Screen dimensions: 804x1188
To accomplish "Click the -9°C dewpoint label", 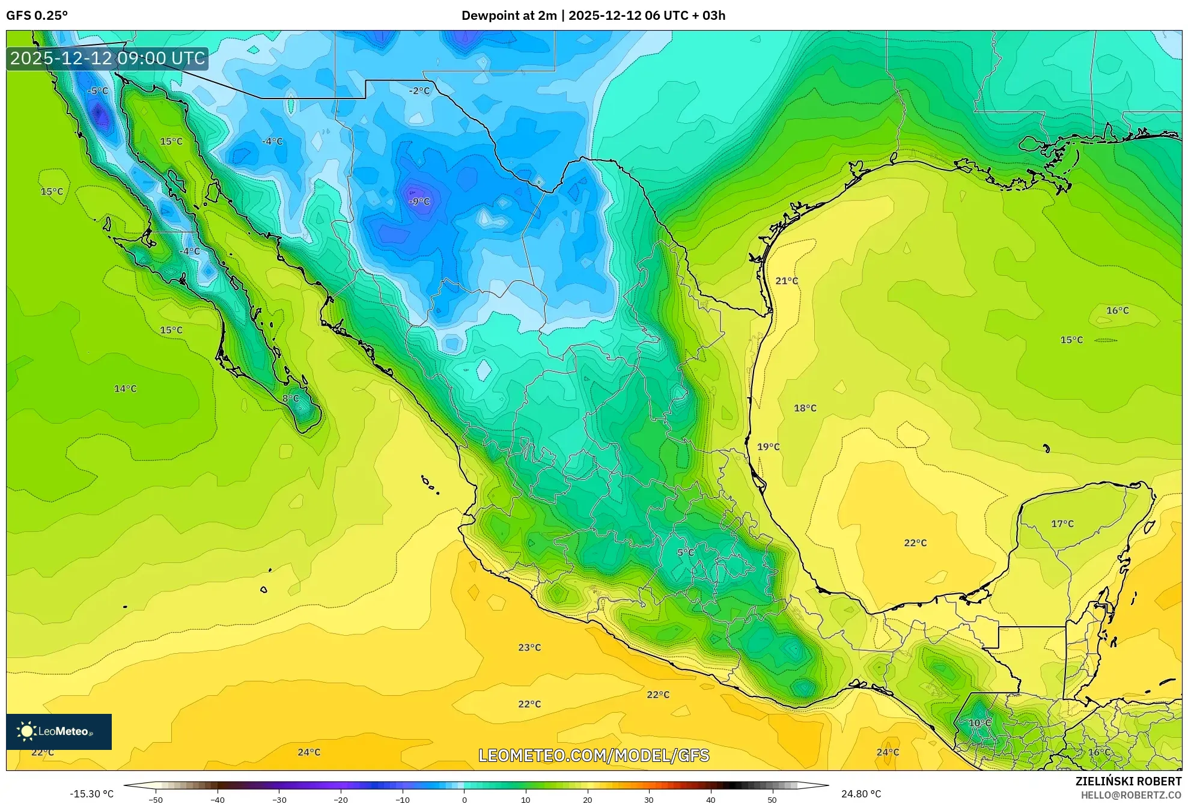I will [419, 201].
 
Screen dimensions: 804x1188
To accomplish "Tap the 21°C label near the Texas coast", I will [787, 281].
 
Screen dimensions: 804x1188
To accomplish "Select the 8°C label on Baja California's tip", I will [290, 398].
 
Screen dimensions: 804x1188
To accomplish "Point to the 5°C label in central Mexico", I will [685, 552].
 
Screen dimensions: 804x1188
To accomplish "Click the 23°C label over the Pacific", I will [529, 647].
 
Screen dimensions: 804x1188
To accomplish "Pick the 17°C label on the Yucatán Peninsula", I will [1062, 524].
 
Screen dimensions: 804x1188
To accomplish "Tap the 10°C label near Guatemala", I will [979, 723].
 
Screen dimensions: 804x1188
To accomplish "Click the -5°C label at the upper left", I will [97, 91].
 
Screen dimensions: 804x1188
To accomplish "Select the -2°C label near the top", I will [419, 91].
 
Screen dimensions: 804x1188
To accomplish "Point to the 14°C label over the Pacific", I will [125, 389].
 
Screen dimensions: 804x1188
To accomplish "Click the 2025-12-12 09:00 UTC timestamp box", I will [108, 58].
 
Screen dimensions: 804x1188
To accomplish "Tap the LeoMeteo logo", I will [59, 731].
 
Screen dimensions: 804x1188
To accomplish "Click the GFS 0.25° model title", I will [37, 16].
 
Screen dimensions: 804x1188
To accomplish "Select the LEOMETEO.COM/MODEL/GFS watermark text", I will [594, 755].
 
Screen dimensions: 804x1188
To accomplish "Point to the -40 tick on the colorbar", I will [218, 800].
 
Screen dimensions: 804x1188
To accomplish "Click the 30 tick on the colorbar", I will [649, 800].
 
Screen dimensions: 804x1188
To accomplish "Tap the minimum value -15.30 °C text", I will [91, 794].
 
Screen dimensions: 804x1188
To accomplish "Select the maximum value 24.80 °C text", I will [861, 794].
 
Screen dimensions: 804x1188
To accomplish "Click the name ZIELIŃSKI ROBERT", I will [1128, 781].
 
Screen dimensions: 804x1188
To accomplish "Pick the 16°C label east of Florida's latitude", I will [1117, 311].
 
